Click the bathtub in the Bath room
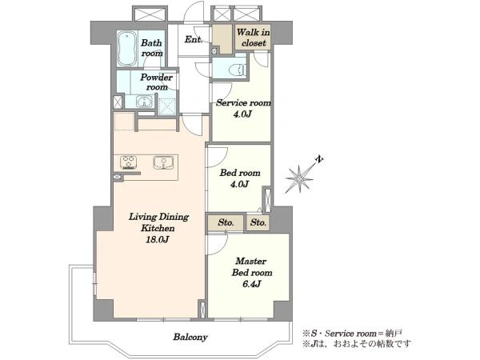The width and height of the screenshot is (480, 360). (x=127, y=48)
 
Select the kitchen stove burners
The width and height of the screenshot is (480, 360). (x=128, y=162)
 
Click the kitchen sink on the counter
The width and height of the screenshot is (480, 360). (x=163, y=162)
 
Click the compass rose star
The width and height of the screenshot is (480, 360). (x=299, y=178)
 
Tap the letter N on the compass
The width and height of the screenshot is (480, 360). (x=319, y=159)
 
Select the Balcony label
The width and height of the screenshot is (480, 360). (x=190, y=337)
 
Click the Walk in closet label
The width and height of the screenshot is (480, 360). (x=253, y=38)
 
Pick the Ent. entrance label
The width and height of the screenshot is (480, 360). (x=194, y=39)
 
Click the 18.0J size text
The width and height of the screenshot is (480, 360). (x=158, y=239)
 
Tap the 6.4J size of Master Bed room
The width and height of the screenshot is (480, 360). (x=252, y=284)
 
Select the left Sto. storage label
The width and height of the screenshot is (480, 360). (x=226, y=222)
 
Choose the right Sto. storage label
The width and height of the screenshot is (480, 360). (x=258, y=222)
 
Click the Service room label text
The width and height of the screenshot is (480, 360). (x=244, y=103)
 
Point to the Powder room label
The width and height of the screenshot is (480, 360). (x=157, y=82)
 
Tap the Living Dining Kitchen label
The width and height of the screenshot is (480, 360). (x=158, y=222)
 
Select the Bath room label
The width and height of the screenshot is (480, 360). (x=151, y=48)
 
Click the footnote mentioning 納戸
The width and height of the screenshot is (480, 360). (x=352, y=334)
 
